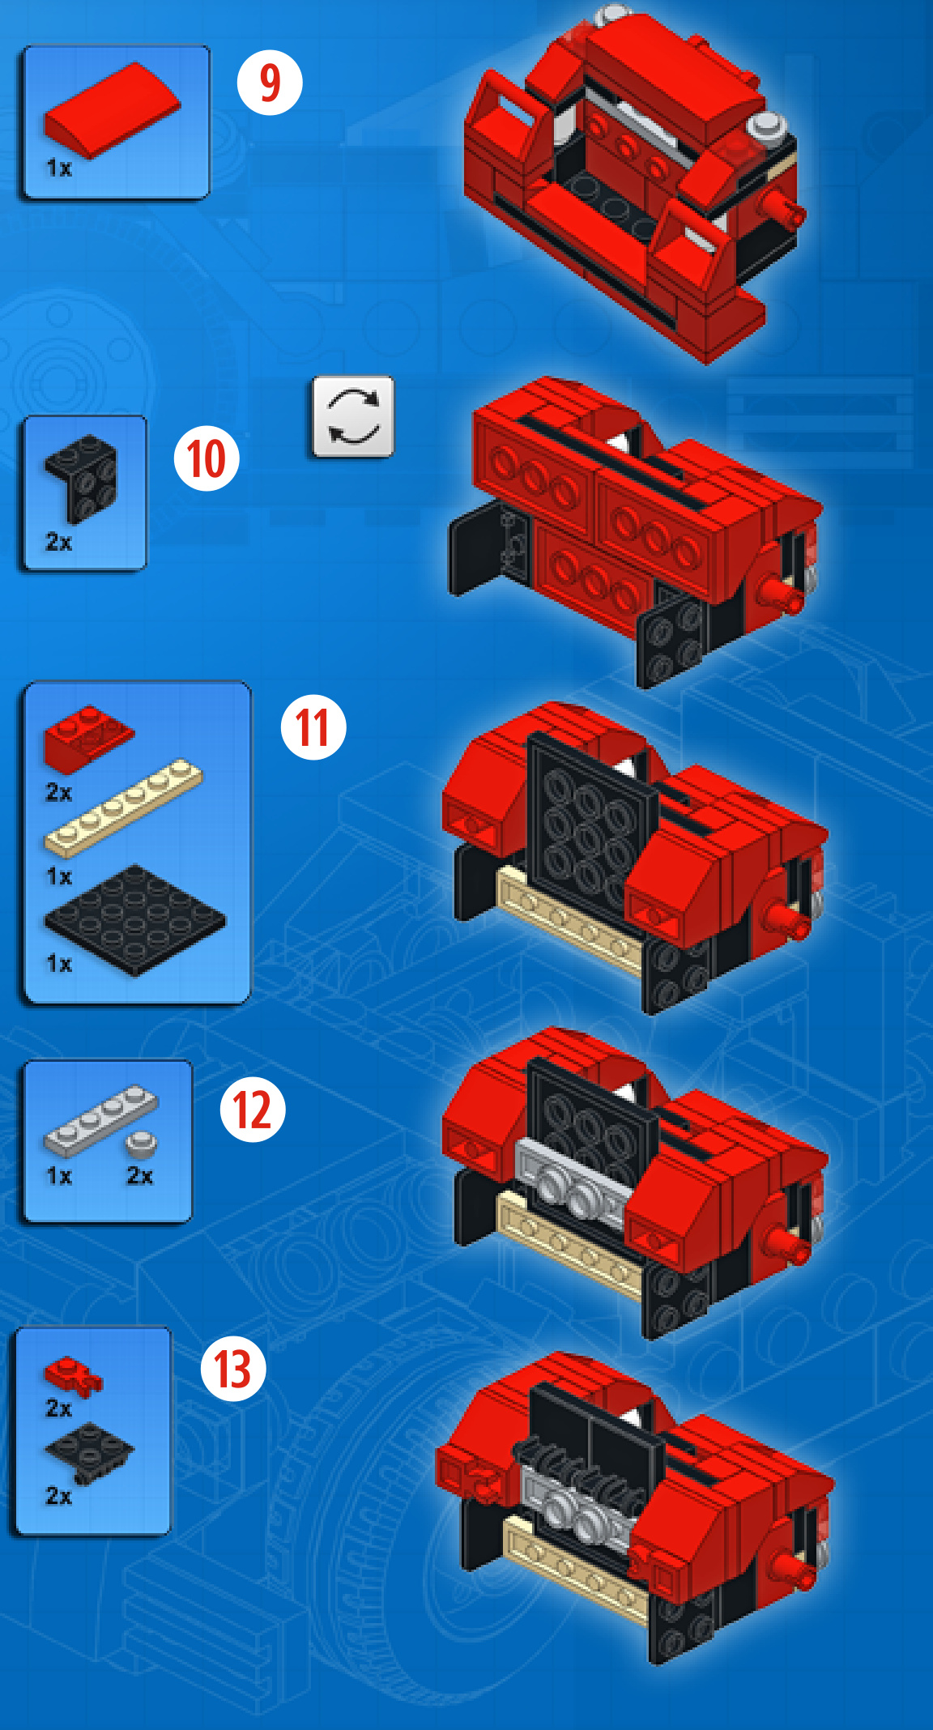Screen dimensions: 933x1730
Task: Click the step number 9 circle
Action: (270, 82)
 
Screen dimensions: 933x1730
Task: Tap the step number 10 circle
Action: (207, 458)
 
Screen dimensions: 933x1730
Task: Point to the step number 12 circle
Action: (253, 1109)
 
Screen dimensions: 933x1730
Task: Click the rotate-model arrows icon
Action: (353, 416)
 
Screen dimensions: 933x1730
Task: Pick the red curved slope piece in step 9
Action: (112, 110)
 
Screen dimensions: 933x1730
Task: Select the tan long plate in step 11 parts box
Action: (123, 807)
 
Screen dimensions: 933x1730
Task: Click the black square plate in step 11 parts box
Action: (135, 919)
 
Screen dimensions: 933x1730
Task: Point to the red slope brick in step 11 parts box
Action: (87, 737)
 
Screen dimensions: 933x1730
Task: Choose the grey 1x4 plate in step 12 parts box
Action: (100, 1120)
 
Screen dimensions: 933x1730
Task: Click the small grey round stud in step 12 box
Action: (142, 1144)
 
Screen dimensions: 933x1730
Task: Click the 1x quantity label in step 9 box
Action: (59, 168)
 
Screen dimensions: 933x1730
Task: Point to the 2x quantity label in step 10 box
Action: (59, 542)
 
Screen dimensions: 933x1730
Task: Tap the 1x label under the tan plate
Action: (59, 876)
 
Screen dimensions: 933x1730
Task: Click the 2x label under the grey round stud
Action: (140, 1175)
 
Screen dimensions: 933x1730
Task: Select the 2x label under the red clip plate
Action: (59, 1408)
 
